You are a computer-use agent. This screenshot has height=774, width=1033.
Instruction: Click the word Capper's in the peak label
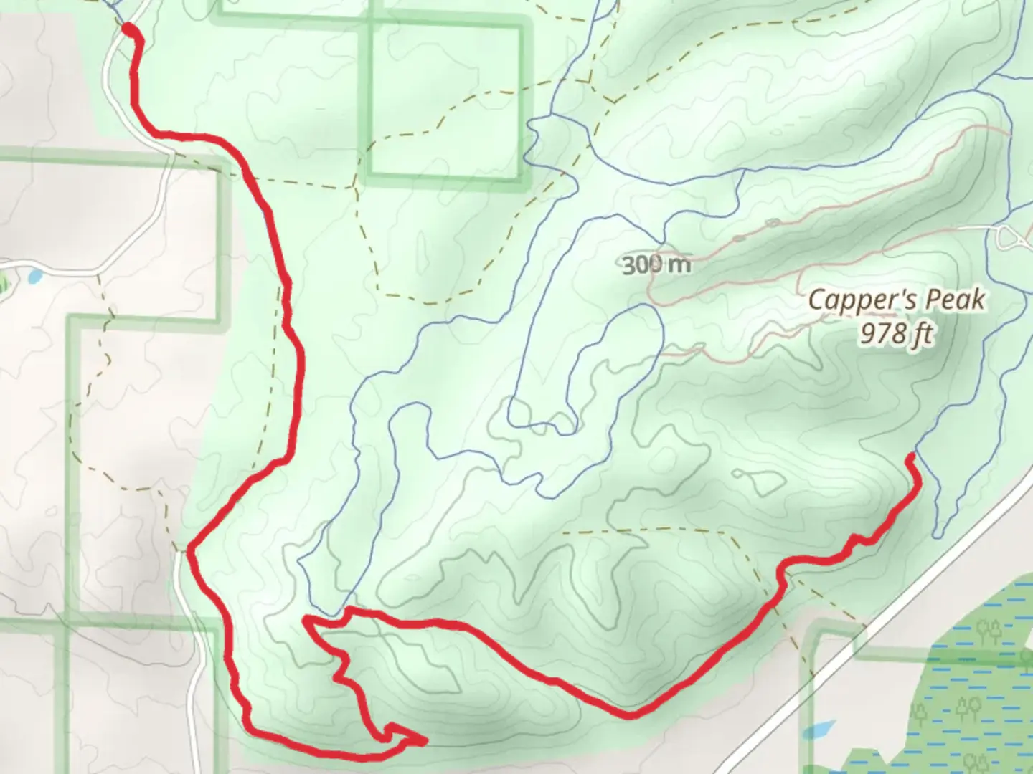[x=854, y=300]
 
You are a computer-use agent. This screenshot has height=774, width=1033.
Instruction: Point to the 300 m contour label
[x=656, y=265]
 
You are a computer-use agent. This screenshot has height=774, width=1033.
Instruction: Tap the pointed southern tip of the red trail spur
[x=425, y=740]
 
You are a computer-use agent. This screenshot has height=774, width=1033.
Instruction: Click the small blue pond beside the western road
[x=32, y=274]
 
